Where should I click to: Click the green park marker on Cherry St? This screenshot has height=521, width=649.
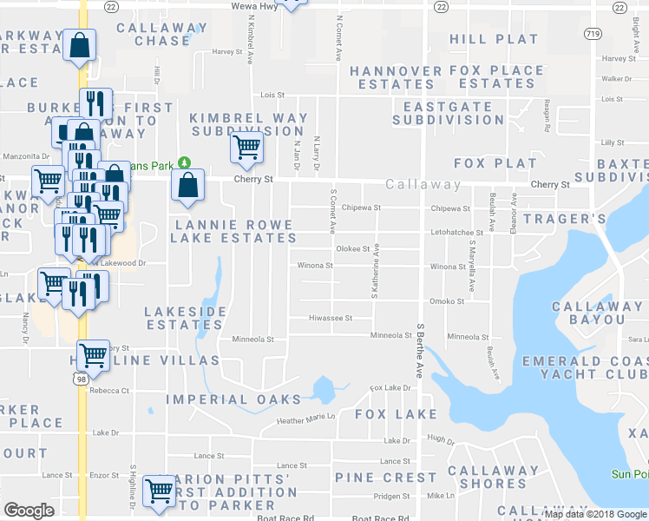pyautogui.click(x=184, y=162)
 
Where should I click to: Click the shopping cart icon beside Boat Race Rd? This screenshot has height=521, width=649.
pyautogui.click(x=160, y=491)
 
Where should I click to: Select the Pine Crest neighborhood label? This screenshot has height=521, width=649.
pyautogui.click(x=386, y=477)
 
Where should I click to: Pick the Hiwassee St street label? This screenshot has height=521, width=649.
pyautogui.click(x=331, y=319)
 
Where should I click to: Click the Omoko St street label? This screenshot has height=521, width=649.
pyautogui.click(x=448, y=301)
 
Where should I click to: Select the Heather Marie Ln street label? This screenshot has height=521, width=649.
pyautogui.click(x=305, y=419)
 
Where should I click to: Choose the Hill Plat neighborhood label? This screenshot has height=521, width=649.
pyautogui.click(x=494, y=39)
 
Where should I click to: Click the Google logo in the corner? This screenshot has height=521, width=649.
pyautogui.click(x=29, y=511)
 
